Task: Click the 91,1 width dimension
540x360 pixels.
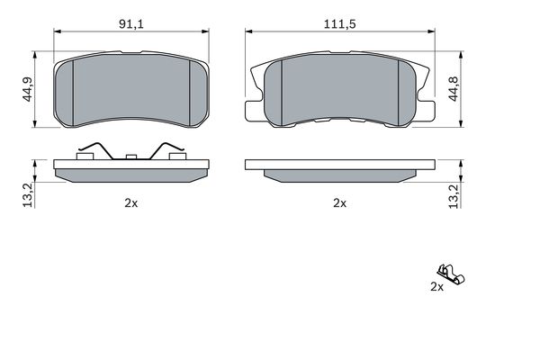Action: pyautogui.click(x=130, y=24)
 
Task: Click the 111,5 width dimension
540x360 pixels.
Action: pyautogui.click(x=339, y=24)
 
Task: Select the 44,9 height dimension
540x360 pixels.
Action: pyautogui.click(x=27, y=89)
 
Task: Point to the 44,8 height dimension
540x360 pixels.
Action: pyautogui.click(x=454, y=89)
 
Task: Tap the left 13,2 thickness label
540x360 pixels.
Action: pyautogui.click(x=29, y=195)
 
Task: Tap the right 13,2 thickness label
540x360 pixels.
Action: pyautogui.click(x=454, y=196)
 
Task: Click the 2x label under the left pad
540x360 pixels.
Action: pyautogui.click(x=130, y=203)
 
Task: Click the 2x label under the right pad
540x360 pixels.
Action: pyautogui.click(x=339, y=203)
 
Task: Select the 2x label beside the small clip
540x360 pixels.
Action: pyautogui.click(x=437, y=286)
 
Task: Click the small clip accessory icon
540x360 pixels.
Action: pyautogui.click(x=451, y=274)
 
